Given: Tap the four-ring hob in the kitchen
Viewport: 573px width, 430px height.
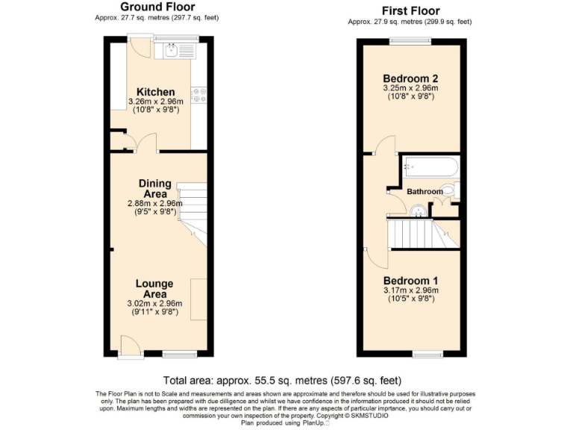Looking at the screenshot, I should pos(199,96).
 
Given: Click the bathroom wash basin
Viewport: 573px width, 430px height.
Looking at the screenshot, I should pos(418,211).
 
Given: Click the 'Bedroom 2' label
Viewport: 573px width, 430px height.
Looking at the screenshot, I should pos(410,78).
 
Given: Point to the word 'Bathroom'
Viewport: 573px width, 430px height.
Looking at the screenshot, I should pos(424,192).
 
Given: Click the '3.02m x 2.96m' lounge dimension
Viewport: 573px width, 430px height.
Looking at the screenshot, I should pos(155,303).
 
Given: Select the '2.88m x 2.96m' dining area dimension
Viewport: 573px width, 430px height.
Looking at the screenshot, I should pos(155,202).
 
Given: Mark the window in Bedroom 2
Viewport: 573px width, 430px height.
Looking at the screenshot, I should pos(410,40).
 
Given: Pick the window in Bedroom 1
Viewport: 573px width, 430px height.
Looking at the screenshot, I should pos(428,352).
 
